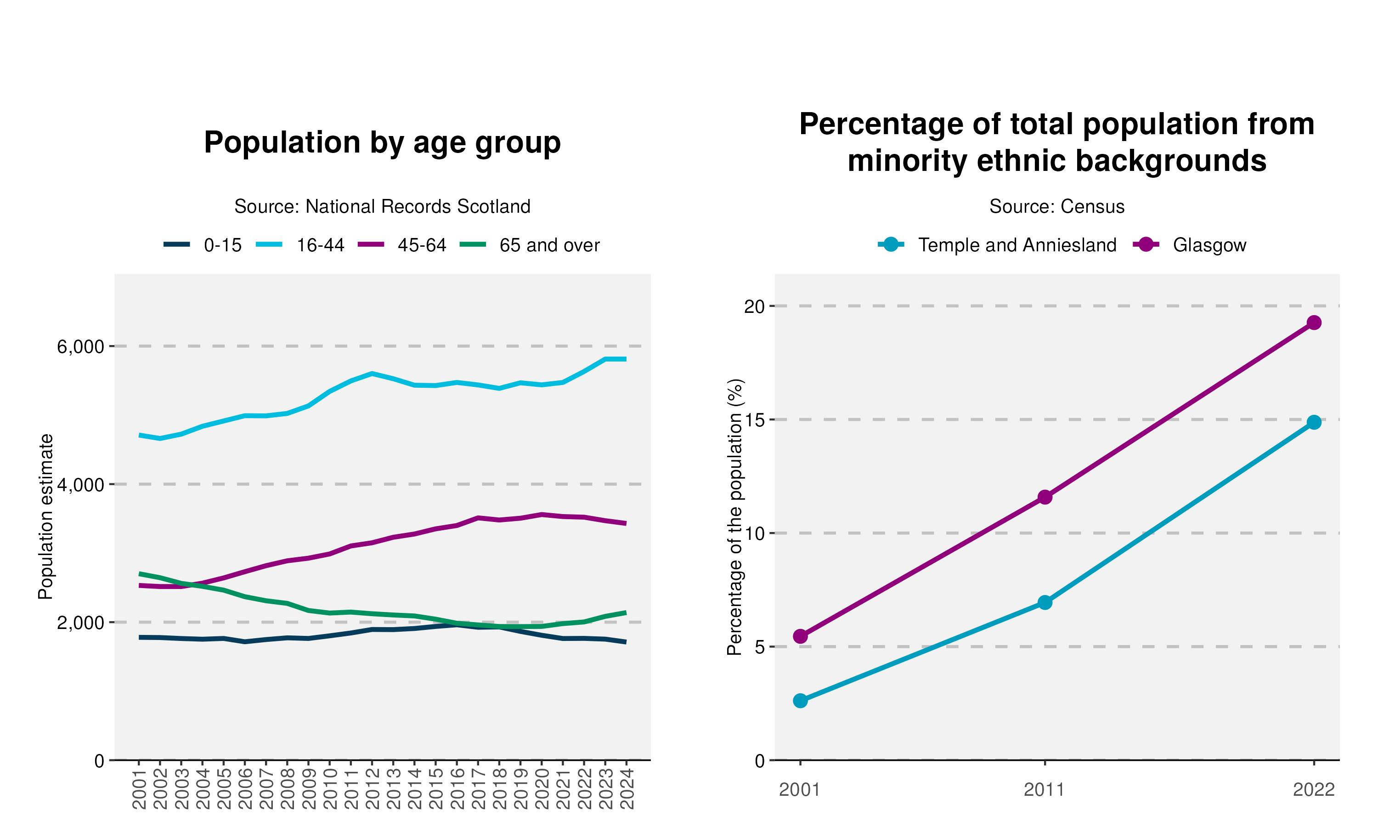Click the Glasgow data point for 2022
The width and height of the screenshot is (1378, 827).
(1313, 323)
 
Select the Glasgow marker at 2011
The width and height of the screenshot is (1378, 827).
(1045, 497)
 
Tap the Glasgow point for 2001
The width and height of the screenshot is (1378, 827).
(801, 636)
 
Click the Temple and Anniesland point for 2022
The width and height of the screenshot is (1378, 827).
(1313, 422)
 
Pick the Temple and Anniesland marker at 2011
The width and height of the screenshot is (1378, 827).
(1045, 602)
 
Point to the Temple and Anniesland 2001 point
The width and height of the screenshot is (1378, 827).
(801, 701)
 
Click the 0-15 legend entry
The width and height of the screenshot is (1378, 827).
(203, 245)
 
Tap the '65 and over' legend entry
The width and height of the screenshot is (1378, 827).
(530, 245)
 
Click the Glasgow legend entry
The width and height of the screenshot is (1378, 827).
(1190, 245)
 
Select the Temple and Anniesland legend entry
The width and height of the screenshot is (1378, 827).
(997, 245)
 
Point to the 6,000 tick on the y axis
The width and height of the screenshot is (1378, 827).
(81, 346)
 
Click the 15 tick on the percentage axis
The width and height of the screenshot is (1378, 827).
(755, 419)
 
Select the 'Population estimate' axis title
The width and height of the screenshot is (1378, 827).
(45, 516)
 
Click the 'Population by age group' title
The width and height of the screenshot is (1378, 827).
(382, 143)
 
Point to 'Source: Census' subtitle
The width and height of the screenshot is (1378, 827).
(1056, 207)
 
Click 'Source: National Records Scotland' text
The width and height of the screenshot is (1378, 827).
(382, 207)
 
